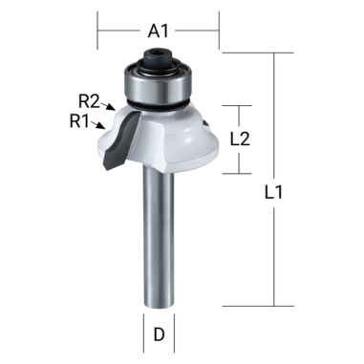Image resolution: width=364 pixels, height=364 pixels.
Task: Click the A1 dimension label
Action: pos(159,32)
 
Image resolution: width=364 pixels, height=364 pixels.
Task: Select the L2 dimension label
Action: pos(242,138)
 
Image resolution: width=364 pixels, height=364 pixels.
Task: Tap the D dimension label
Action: pos(159,335)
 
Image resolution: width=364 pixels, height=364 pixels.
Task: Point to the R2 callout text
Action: pos(90,98)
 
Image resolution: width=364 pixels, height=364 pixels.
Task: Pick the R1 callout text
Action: pos(80,120)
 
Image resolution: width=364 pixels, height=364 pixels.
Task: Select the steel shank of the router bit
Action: pos(159,239)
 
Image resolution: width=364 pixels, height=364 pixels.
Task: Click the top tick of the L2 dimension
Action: pos(239,106)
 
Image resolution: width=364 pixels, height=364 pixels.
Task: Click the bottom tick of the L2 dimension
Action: pos(239,174)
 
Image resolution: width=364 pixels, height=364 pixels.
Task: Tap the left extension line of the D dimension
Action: pos(145,325)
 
